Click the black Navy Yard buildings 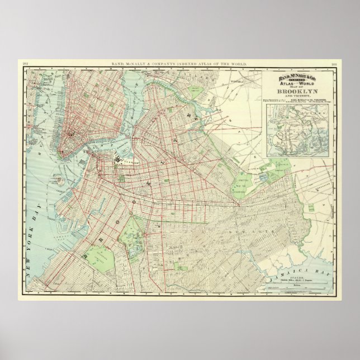[x=120, y=159]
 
